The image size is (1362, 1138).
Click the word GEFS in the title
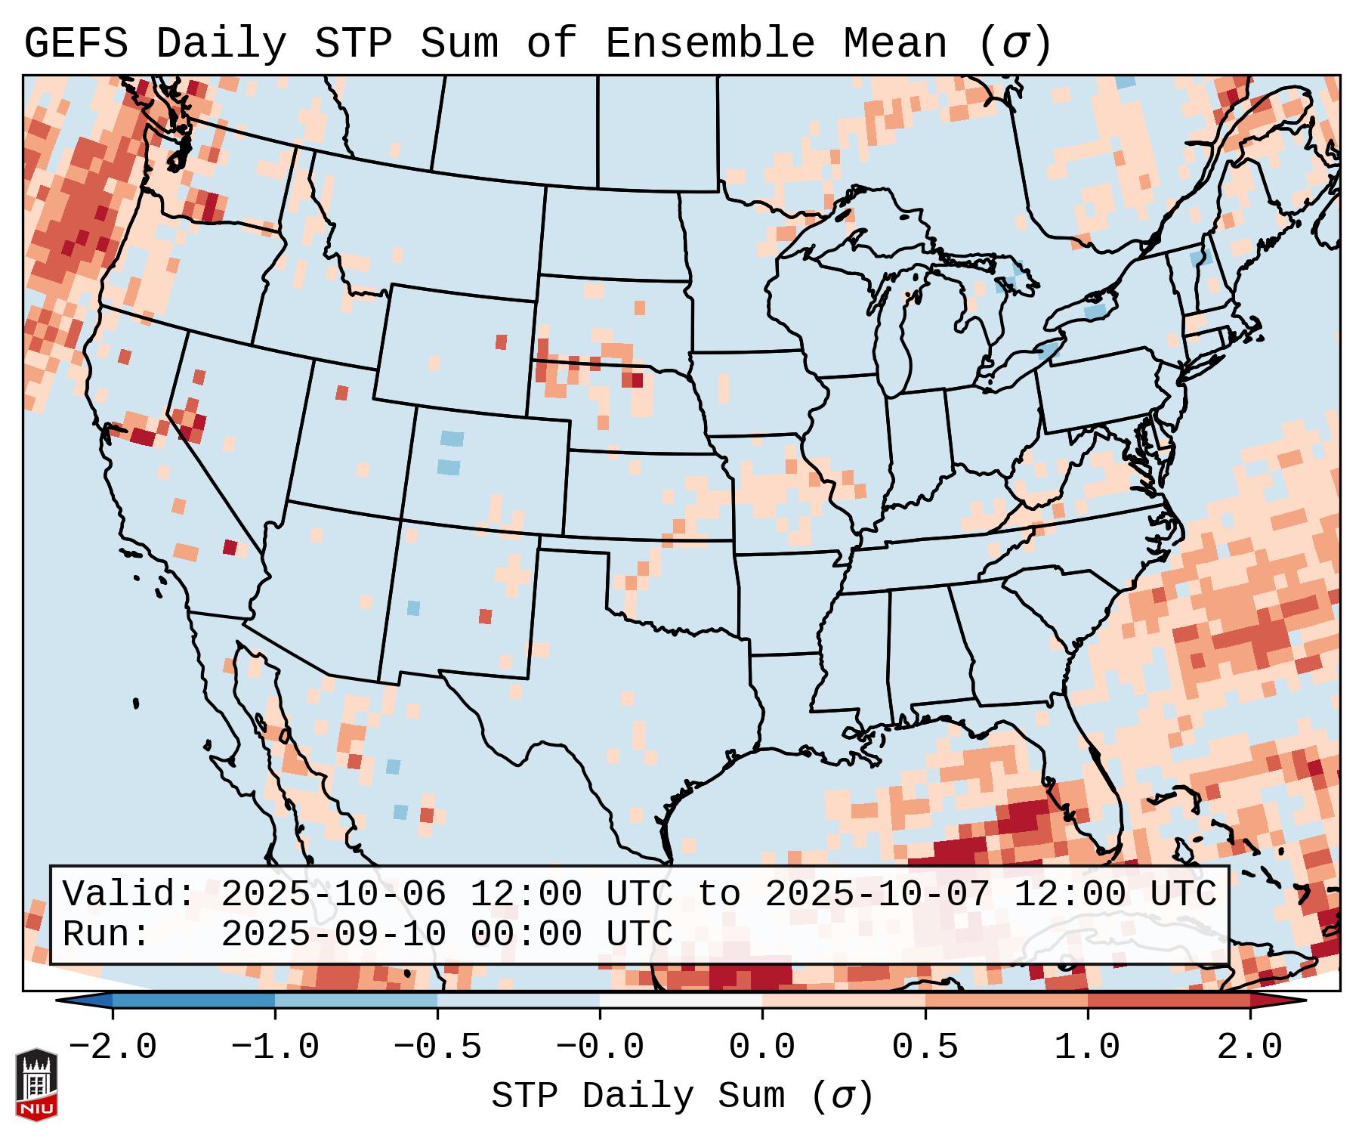pos(76,44)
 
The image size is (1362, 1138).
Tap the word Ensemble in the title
pos(710,44)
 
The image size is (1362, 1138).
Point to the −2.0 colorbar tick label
pos(113,1047)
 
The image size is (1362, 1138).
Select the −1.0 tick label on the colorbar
pos(275,1047)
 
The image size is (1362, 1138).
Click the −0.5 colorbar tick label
pos(437,1047)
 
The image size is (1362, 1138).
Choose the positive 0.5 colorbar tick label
pos(925,1047)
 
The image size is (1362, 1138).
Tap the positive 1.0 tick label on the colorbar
pos(1087,1047)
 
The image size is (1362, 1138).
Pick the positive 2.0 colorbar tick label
pos(1249,1047)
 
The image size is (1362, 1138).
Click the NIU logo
pos(36,1085)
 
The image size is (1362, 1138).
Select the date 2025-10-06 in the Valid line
pos(333,895)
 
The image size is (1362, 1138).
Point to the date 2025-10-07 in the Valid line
pos(877,895)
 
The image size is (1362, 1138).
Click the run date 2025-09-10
pos(333,935)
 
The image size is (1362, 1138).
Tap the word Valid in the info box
pos(128,895)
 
